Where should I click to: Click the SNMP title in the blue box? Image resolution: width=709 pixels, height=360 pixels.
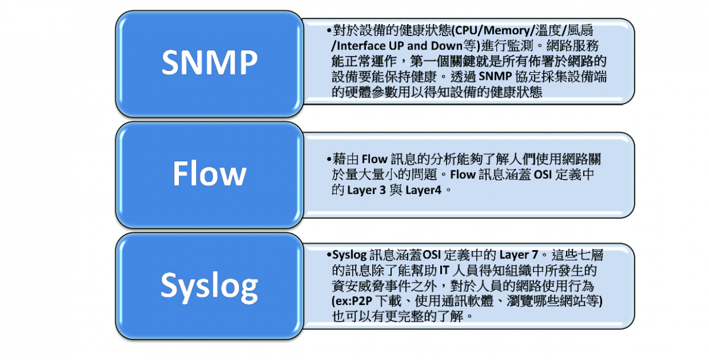(x=210, y=63)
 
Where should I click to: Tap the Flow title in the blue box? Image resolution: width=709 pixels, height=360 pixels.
(x=209, y=173)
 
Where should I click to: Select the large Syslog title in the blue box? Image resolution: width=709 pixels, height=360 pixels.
(x=209, y=287)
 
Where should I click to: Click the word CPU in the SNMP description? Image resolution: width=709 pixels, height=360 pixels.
(x=466, y=30)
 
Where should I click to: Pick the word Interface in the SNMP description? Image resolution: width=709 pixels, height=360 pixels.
(x=360, y=46)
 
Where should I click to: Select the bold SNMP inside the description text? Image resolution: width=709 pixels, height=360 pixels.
(x=495, y=76)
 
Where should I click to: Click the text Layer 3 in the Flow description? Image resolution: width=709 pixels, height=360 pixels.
(x=366, y=190)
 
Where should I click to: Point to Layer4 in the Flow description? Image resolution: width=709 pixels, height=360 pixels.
(x=423, y=190)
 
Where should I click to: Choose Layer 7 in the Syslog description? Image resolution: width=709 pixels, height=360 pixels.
(x=519, y=255)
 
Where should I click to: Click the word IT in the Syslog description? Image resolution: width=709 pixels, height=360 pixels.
(x=444, y=270)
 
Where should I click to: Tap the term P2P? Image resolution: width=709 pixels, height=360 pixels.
(x=362, y=301)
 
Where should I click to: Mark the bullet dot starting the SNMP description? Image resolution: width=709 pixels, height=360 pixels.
(x=329, y=31)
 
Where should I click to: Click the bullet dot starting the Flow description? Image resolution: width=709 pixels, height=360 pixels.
(x=329, y=159)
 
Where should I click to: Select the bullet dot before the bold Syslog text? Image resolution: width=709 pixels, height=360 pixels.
(x=329, y=255)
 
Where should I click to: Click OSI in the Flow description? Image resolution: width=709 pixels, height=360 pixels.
(x=543, y=175)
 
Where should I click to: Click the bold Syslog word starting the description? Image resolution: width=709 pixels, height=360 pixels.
(x=349, y=255)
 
